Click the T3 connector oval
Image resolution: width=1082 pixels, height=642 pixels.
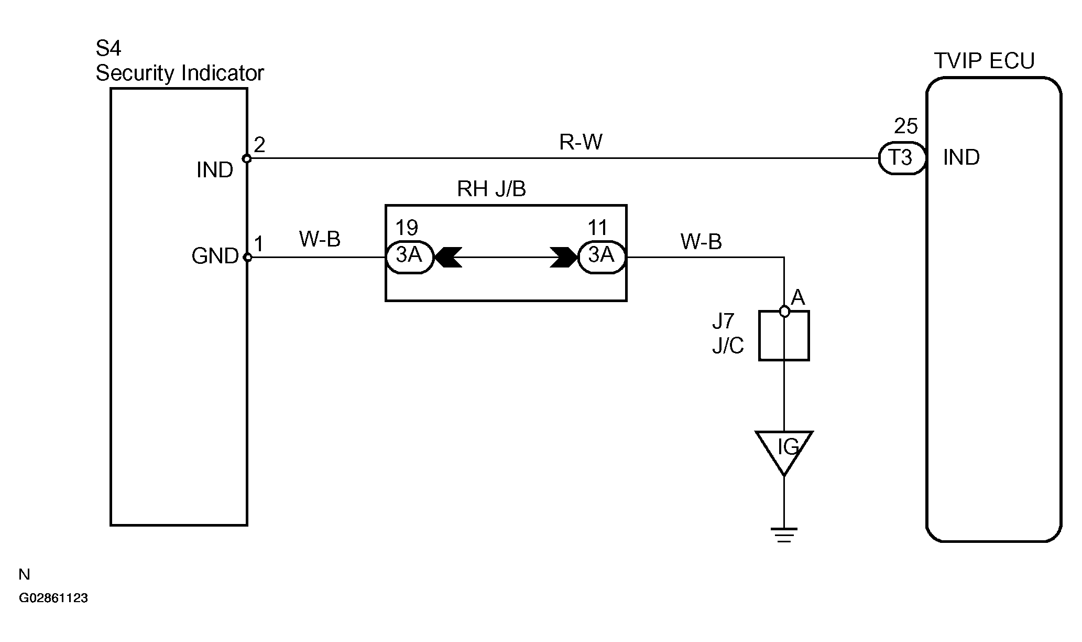click(x=901, y=158)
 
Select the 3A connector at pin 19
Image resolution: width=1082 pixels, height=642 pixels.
click(x=410, y=257)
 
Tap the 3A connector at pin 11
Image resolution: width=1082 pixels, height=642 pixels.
click(x=602, y=257)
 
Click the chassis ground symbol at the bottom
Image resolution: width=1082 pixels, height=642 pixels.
click(x=784, y=534)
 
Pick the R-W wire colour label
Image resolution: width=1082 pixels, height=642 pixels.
click(x=581, y=142)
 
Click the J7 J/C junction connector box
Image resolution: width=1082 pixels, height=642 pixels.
click(x=784, y=336)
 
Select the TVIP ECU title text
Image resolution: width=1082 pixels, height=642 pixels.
click(x=985, y=61)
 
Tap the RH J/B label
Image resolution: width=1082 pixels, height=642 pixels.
click(x=491, y=189)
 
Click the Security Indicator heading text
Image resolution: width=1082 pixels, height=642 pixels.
click(x=180, y=73)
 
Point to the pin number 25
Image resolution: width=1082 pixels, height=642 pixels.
click(x=906, y=126)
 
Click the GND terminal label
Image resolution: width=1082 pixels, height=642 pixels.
click(x=215, y=256)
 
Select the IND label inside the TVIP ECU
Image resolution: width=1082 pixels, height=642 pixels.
click(x=961, y=157)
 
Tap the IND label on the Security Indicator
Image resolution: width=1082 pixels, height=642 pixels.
click(x=215, y=170)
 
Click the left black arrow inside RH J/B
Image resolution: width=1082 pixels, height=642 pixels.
click(x=448, y=257)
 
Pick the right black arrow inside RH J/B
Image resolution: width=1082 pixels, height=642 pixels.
click(x=564, y=257)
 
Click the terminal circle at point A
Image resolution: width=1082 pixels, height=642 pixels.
click(x=784, y=312)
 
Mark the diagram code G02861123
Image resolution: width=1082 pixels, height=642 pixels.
click(x=53, y=598)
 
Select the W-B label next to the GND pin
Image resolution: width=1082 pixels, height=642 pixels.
click(x=320, y=239)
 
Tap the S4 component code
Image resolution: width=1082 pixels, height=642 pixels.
click(x=108, y=49)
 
